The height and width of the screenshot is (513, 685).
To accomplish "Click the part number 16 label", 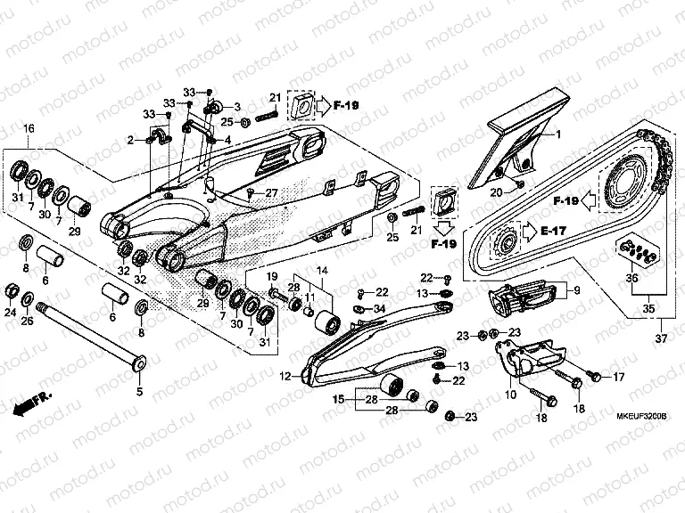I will coord(29,130).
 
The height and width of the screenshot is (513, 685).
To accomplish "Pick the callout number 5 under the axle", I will coord(139,390).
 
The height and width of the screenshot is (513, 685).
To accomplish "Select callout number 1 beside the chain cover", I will coord(558,134).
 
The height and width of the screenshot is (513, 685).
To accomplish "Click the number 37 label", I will coord(661,339).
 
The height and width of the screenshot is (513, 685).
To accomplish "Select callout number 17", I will coord(619,378).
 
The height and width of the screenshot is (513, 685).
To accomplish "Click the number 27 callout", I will coord(271,193).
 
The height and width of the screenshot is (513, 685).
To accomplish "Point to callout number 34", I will coord(380,309).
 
